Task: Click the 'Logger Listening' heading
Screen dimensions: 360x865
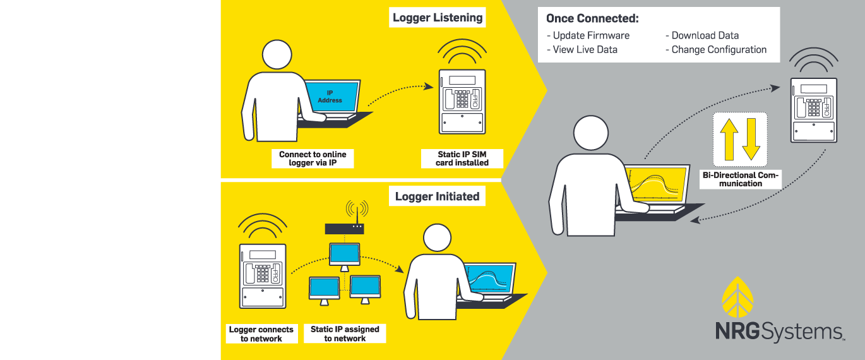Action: pos(437,18)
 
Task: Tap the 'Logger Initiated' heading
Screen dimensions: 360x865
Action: pos(437,196)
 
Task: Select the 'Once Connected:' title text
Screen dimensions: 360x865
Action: pos(592,18)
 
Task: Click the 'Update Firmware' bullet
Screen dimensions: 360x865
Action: pos(588,35)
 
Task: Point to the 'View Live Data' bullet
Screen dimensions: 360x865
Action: pos(582,49)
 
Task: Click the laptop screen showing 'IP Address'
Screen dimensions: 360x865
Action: pos(330,97)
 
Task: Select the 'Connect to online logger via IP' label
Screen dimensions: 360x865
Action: pos(313,159)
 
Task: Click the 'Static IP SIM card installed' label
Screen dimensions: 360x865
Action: pos(462,159)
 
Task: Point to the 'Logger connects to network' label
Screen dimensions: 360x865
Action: pos(261,334)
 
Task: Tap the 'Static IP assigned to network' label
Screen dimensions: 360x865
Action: pos(345,334)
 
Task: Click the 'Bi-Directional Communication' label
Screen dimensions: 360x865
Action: pos(741,179)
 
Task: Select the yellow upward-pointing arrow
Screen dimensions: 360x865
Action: pos(729,138)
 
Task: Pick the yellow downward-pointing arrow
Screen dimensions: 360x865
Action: pos(751,138)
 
